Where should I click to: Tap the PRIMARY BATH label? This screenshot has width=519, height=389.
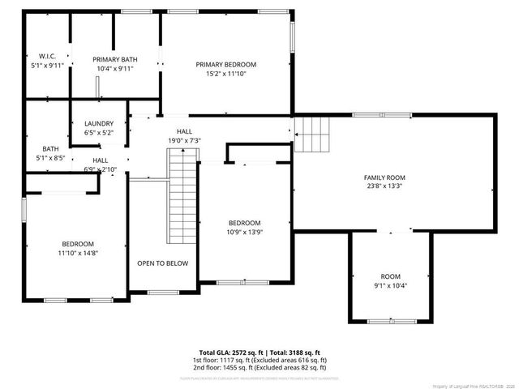click(114, 59)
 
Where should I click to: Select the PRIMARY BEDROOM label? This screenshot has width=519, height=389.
click(225, 64)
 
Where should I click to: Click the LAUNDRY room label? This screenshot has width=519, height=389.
click(99, 124)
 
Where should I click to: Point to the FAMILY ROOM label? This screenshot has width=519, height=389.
click(384, 177)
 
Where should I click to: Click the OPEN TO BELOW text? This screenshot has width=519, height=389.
click(162, 263)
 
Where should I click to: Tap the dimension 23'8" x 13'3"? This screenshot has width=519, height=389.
click(384, 186)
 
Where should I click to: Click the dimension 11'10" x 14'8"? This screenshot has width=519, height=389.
click(79, 253)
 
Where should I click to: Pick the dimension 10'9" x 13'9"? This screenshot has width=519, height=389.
click(244, 233)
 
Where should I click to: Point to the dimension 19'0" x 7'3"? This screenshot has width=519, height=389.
click(184, 140)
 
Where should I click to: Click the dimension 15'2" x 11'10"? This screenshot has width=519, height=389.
click(225, 74)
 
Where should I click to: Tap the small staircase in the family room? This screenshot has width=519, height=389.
click(313, 134)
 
